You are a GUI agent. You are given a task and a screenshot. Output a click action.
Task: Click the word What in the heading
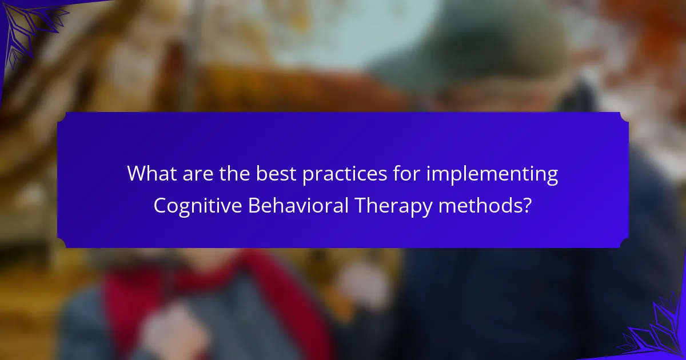pos(151,173)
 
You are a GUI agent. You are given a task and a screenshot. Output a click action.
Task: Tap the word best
pos(276,173)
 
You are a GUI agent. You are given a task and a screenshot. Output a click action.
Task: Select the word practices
pos(345,175)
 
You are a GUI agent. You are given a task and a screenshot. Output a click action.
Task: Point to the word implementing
pos(492,175)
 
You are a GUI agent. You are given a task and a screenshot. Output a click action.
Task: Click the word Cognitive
pos(198,206)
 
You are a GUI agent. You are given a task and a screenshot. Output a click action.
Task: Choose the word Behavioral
pos(298,205)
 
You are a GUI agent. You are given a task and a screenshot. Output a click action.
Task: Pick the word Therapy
pos(393,206)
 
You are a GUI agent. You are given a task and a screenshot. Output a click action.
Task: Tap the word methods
pos(479,205)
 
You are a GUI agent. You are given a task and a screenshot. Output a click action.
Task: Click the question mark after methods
pos(527,205)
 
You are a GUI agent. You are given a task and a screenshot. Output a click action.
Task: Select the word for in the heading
pos(406,173)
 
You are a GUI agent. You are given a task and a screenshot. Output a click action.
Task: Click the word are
pos(198,175)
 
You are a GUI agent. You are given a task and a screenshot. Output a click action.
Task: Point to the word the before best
pos(234,173)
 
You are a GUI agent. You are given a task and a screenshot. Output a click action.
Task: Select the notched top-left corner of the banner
pos(62,117)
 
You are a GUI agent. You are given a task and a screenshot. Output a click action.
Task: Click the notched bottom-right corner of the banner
pos(624,243)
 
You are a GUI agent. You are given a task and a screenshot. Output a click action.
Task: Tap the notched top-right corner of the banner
pos(624,117)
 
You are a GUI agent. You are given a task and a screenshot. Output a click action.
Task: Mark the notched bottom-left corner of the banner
pos(62,243)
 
